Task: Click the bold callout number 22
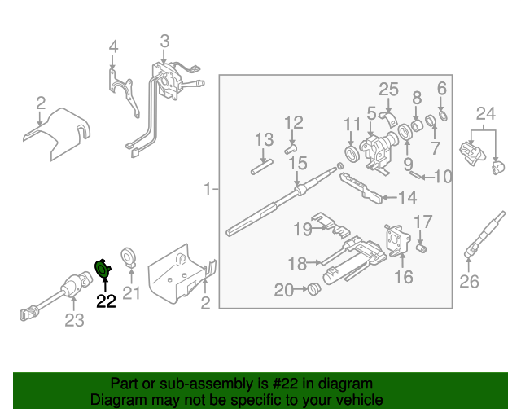107,301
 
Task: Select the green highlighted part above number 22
103,268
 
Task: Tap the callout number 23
74,321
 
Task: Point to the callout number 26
470,283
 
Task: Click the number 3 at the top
164,41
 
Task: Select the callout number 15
298,164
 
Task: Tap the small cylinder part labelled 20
313,288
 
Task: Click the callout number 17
423,221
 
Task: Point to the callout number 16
404,278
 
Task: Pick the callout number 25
388,89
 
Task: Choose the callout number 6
442,88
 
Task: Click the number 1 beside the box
208,189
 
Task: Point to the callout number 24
485,112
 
